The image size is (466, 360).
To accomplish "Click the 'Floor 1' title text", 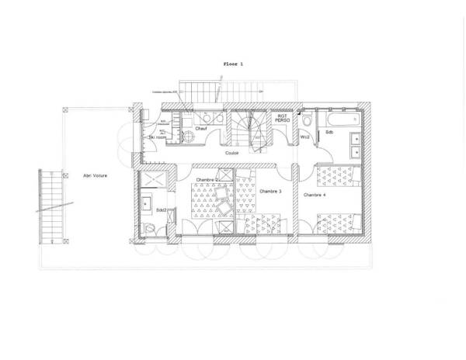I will (232, 64).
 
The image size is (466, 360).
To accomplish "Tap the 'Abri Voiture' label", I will (95, 175).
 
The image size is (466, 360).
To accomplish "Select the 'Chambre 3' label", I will (270, 191).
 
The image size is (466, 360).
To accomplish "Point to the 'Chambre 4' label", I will (315, 194).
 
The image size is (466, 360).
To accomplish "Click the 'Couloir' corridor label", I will (231, 153).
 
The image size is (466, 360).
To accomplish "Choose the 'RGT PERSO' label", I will (281, 119).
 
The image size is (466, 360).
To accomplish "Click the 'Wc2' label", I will (305, 136).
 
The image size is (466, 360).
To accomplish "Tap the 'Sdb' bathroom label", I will (329, 133).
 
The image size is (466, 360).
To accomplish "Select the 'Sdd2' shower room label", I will (162, 209).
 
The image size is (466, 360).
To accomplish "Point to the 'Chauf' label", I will (200, 128).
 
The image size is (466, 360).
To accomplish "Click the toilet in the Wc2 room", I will (308, 120).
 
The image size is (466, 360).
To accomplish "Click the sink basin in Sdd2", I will (145, 204).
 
